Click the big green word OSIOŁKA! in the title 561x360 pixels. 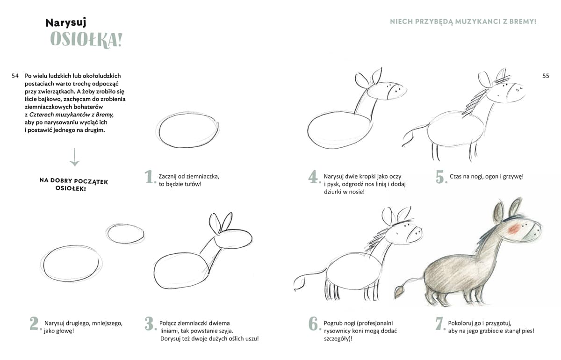point(86,40)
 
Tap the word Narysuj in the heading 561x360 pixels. point(66,23)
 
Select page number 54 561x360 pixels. point(15,76)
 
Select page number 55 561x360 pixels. point(546,76)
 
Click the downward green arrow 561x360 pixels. point(74,157)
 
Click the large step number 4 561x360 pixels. point(314,177)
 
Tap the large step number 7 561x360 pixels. point(440,324)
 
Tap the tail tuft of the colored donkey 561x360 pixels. point(399,292)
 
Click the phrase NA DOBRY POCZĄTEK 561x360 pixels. point(74,181)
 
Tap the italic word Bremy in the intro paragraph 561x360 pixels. point(104,115)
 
